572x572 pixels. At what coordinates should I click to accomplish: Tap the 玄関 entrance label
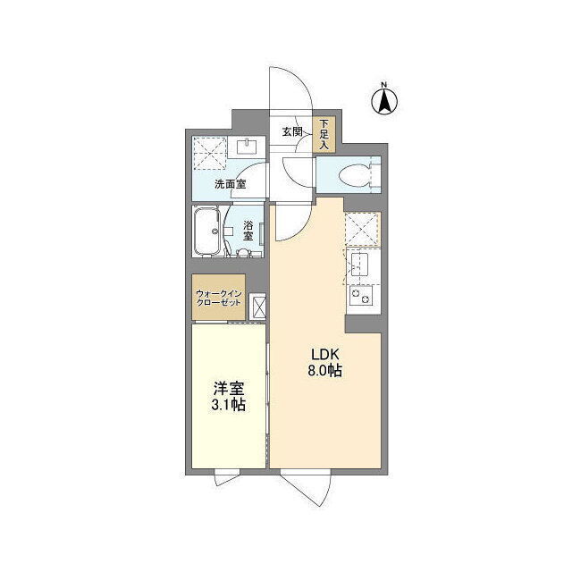292,131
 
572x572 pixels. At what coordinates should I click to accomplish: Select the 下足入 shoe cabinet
324,135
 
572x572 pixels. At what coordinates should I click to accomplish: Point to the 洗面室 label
230,184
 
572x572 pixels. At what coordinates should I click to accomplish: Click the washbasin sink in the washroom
247,147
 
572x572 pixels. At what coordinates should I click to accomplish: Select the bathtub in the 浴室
207,231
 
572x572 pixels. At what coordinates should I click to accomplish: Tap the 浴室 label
248,230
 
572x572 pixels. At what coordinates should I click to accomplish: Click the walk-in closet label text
218,298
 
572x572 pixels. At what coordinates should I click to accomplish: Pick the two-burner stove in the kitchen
361,296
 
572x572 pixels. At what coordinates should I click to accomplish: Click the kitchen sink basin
359,265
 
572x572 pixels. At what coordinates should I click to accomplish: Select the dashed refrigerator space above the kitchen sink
362,229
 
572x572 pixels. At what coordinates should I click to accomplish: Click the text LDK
325,354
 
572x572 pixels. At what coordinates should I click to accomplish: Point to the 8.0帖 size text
325,371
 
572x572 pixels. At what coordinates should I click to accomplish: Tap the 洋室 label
229,389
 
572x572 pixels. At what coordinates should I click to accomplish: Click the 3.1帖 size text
229,405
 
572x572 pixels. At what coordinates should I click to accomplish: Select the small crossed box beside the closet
257,307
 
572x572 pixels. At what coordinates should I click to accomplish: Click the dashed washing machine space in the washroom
209,153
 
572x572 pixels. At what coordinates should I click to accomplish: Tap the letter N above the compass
383,85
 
